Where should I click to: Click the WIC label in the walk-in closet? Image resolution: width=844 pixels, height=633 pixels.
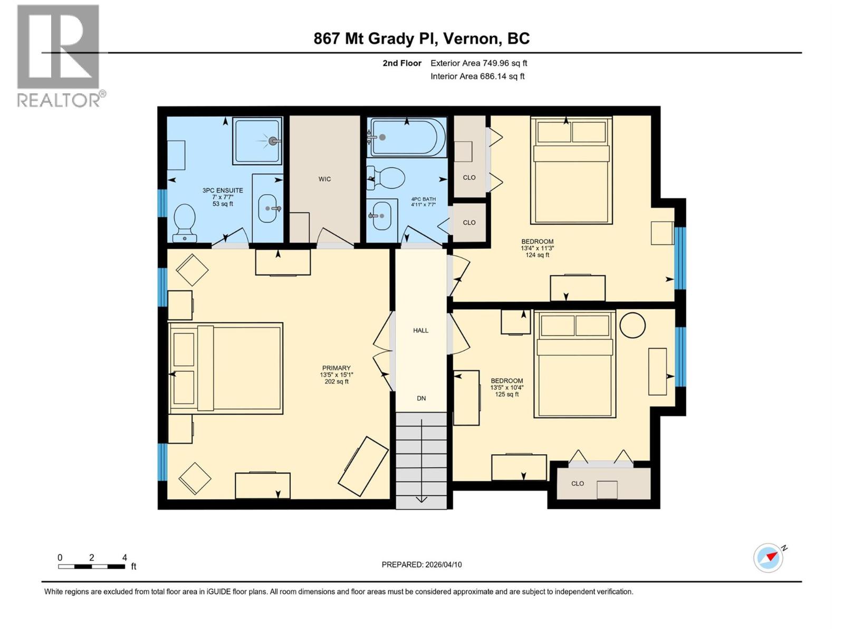(324, 179)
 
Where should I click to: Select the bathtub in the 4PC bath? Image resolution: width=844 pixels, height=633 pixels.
(406, 137)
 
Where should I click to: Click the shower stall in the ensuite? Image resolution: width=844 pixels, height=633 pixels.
(257, 141)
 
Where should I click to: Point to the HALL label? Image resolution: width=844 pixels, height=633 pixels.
(420, 331)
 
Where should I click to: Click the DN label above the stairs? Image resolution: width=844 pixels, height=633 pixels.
(421, 399)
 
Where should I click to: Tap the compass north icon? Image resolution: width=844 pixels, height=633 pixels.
(768, 558)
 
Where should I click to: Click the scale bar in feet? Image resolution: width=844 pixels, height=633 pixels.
(92, 567)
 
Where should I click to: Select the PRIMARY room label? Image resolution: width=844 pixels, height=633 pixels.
(336, 368)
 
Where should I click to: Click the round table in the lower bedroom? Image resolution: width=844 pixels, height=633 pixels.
(632, 325)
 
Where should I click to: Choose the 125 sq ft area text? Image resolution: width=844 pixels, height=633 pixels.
(506, 395)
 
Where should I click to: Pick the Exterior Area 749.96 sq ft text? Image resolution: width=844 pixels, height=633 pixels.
(478, 63)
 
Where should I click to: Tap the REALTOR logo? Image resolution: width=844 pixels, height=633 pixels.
(59, 55)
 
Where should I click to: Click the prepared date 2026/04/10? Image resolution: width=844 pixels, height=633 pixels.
(421, 564)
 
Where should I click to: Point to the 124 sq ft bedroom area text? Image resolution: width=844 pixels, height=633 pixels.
(537, 255)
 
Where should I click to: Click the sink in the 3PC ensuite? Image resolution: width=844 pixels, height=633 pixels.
(268, 208)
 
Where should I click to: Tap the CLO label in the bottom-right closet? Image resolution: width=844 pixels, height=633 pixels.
(578, 484)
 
